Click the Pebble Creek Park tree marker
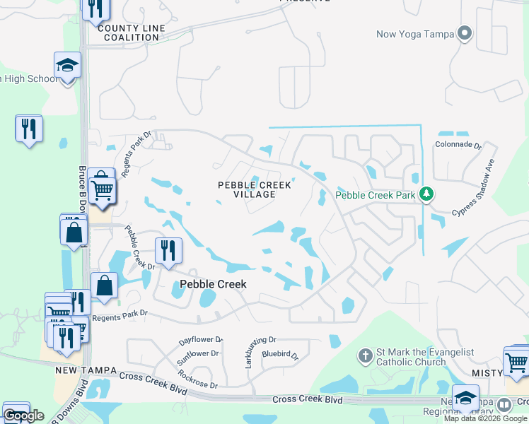(x=426, y=194)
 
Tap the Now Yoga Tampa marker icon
(x=465, y=33)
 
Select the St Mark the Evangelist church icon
(x=365, y=355)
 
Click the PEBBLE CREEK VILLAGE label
(x=255, y=189)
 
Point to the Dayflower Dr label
(x=185, y=340)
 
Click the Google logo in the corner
(x=23, y=416)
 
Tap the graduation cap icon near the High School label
(x=68, y=65)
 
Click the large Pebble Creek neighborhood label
(x=213, y=283)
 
